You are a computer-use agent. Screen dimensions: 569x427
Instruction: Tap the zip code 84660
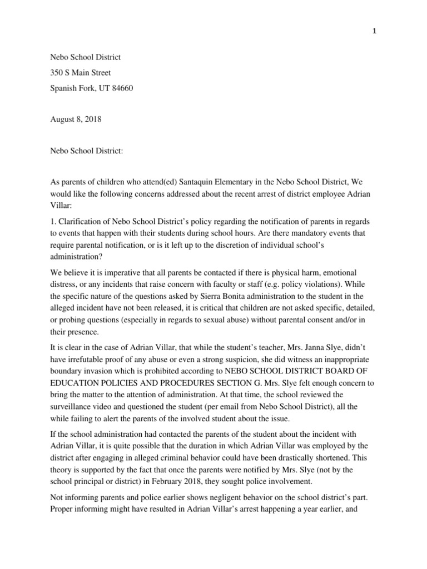click(121, 88)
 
